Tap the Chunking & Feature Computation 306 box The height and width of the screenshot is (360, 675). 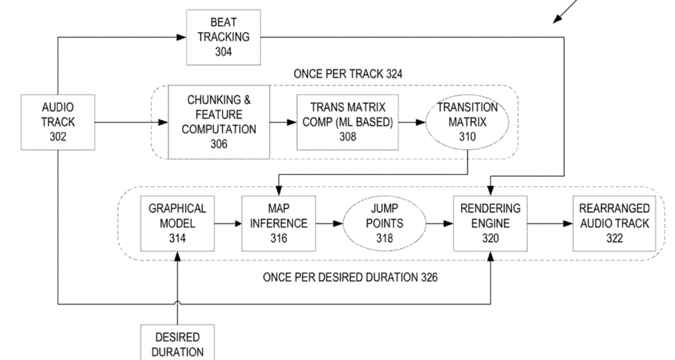220,122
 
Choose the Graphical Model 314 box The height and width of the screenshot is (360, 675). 177,223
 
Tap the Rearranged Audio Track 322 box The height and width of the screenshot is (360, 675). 614,223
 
